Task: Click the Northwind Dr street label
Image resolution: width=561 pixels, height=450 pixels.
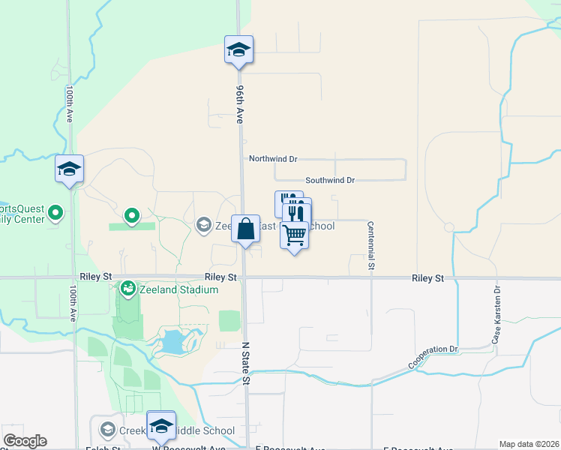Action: click(273, 159)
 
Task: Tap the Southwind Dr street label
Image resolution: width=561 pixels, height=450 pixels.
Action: click(329, 180)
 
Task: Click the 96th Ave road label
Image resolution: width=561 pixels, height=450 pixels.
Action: click(240, 103)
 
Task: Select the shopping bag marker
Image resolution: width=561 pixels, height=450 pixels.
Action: click(246, 229)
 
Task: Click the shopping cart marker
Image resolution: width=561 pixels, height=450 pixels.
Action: click(295, 235)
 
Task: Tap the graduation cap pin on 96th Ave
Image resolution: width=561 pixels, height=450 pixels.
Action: click(239, 50)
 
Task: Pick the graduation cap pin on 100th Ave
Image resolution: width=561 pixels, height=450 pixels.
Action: click(69, 169)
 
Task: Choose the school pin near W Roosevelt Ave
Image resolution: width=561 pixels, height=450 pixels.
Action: click(161, 425)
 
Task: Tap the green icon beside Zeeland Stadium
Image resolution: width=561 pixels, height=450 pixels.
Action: click(128, 288)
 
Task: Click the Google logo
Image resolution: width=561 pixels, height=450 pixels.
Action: click(25, 441)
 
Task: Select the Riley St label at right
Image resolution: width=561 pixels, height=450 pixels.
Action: click(427, 278)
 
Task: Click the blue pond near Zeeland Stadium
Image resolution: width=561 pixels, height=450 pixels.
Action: click(172, 343)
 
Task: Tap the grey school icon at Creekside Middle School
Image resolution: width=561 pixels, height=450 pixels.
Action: click(107, 430)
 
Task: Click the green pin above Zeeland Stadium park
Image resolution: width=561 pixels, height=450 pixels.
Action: click(132, 217)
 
